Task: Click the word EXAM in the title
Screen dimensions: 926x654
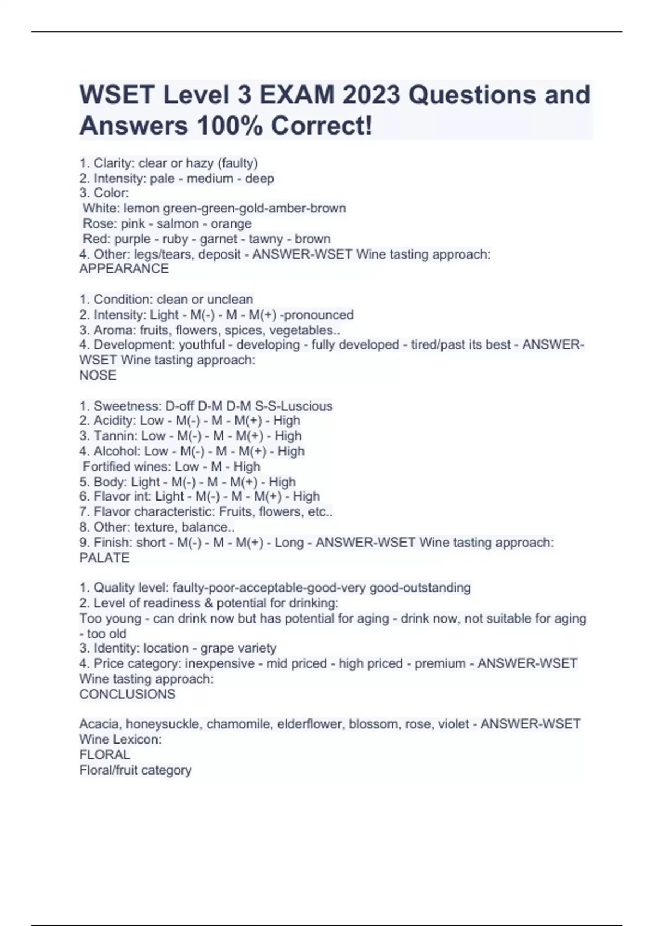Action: (296, 95)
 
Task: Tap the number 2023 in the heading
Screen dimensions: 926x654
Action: (371, 95)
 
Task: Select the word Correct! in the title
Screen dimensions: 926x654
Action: (322, 126)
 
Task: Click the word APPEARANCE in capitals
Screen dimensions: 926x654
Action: (124, 269)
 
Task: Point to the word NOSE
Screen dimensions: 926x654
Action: (98, 375)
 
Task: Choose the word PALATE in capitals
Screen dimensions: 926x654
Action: (104, 558)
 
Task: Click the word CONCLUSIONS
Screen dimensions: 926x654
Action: (127, 694)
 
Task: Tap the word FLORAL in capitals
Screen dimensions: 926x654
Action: (105, 754)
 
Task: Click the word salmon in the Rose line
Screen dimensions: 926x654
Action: (178, 223)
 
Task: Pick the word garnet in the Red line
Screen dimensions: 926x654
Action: (219, 239)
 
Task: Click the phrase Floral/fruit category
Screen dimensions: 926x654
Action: (135, 770)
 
